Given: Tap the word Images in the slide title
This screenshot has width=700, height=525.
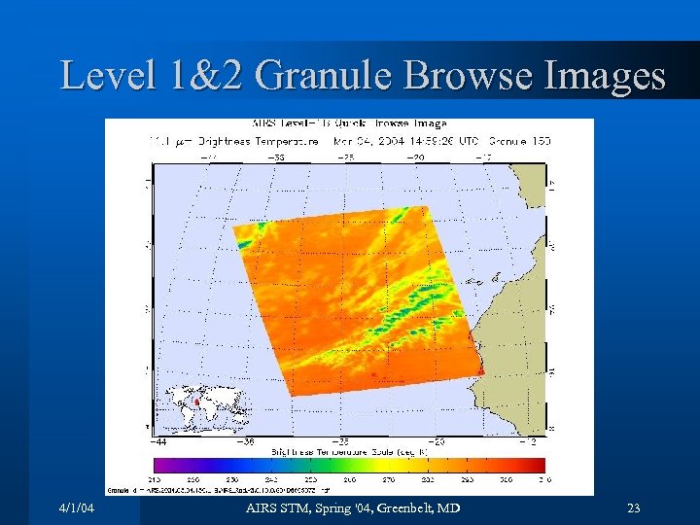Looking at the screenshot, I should coord(603,76).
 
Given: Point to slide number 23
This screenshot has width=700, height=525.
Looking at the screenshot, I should coord(635,508).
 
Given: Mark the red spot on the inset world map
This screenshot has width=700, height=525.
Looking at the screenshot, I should coord(195,400).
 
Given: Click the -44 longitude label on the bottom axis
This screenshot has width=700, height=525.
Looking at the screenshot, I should coord(159,441).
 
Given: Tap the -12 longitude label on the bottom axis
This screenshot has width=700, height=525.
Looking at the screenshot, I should coord(529,441).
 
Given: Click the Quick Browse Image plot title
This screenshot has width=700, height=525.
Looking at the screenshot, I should coord(350,123).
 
